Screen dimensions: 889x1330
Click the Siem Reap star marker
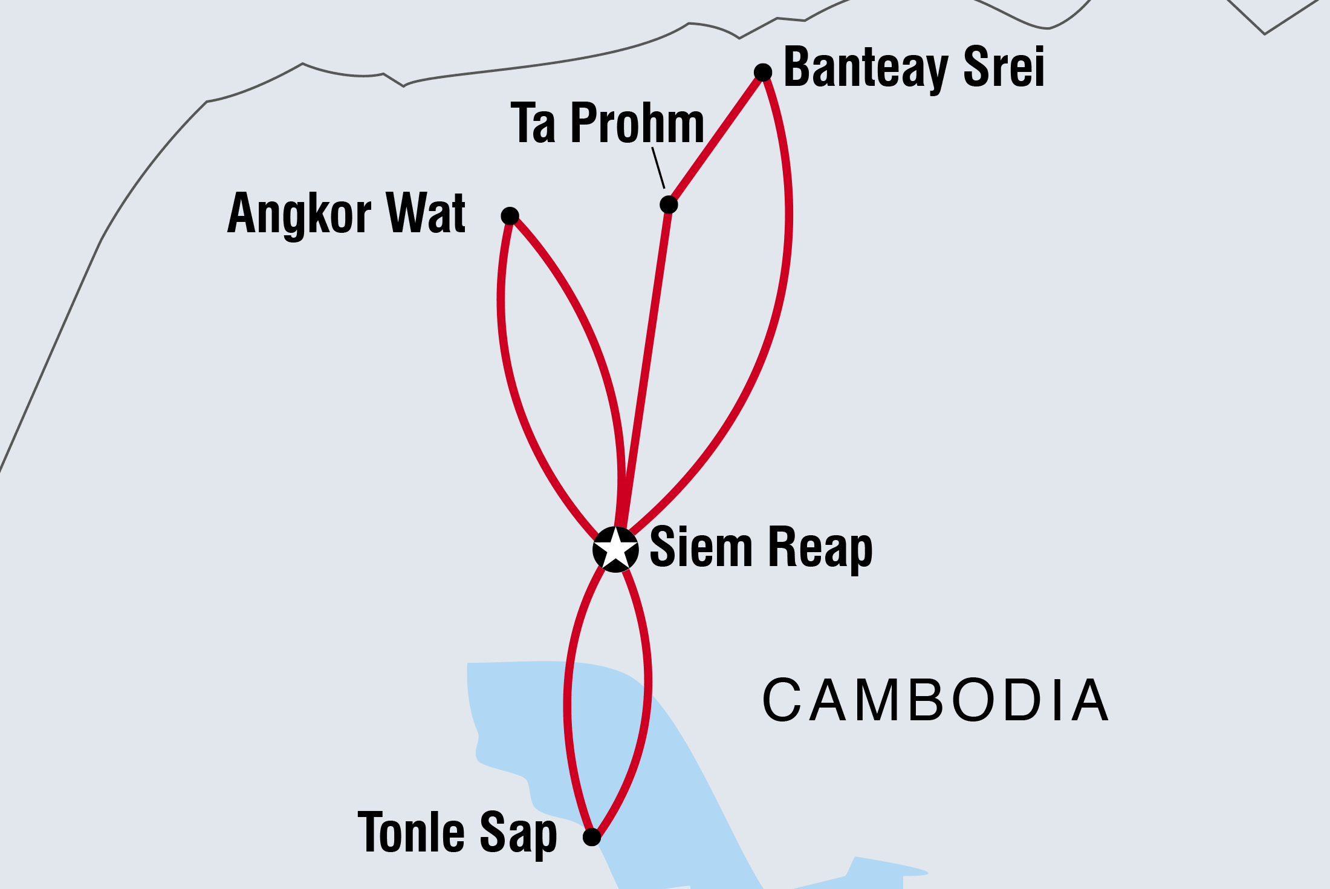tap(615, 549)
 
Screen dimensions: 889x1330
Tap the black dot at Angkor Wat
tap(510, 216)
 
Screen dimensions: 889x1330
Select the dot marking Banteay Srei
tap(763, 73)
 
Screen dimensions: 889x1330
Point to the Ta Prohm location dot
tap(669, 204)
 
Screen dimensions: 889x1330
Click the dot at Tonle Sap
tap(592, 837)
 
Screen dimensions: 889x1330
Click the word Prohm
tap(638, 123)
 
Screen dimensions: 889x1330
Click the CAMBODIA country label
tap(936, 700)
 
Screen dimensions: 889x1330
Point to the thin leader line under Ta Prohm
tap(658, 168)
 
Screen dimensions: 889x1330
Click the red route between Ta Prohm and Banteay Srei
tap(716, 138)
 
